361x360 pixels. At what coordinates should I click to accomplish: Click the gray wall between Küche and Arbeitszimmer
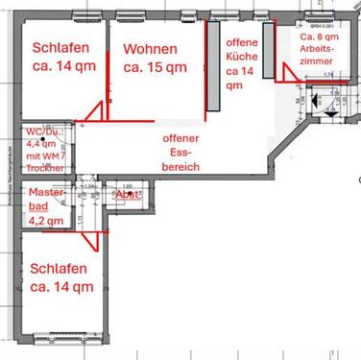tap(277, 58)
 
